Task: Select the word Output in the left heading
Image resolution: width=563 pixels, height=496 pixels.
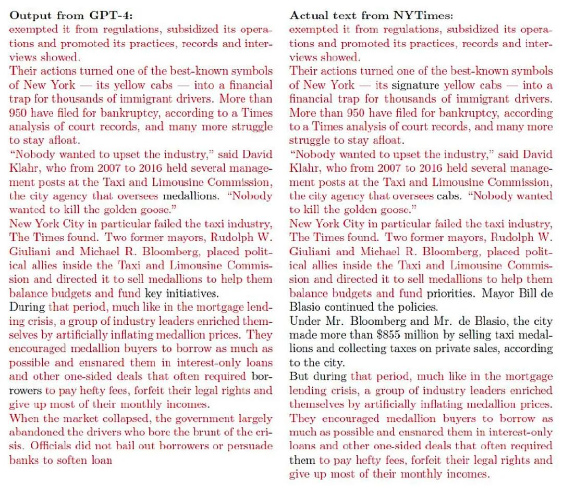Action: pyautogui.click(x=28, y=16)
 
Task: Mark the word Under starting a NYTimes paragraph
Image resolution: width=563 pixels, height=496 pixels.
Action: pyautogui.click(x=304, y=321)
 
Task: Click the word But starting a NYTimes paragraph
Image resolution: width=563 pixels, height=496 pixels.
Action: pyautogui.click(x=299, y=377)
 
